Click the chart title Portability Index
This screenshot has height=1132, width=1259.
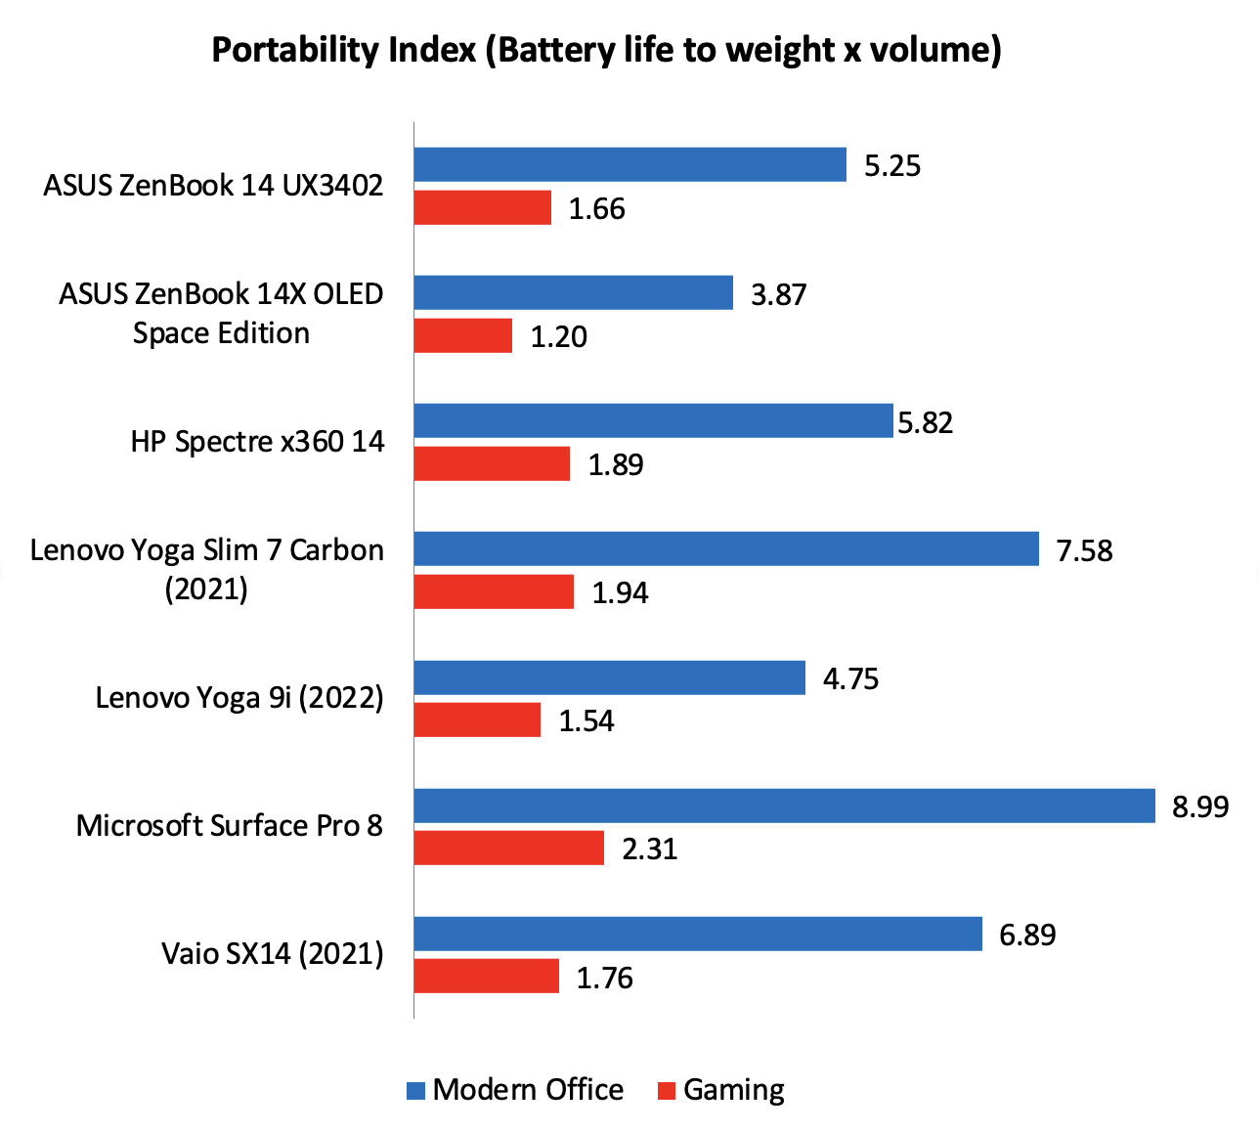click(x=606, y=49)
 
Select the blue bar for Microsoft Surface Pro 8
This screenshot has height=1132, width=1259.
click(x=784, y=805)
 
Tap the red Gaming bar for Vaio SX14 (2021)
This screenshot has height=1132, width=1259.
click(x=486, y=976)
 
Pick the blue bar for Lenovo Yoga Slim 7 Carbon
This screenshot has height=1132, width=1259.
click(x=725, y=548)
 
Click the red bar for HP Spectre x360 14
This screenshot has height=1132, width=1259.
click(x=492, y=463)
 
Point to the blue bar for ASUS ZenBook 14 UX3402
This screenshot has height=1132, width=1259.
click(x=629, y=164)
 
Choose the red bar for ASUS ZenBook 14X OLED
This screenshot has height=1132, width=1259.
click(x=462, y=335)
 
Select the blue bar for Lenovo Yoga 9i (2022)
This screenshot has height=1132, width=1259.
click(x=609, y=677)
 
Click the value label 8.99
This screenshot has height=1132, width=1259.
click(x=1200, y=806)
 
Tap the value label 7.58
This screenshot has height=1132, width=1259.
click(x=1084, y=550)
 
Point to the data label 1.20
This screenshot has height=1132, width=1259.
click(x=558, y=337)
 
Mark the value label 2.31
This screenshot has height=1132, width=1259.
click(x=649, y=849)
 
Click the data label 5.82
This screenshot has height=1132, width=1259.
click(x=925, y=422)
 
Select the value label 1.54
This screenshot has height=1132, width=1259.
click(x=586, y=720)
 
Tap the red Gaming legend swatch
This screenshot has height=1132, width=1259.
click(x=667, y=1090)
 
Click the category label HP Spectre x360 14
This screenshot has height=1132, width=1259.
click(x=257, y=442)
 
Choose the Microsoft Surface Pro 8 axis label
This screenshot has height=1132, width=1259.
click(x=229, y=826)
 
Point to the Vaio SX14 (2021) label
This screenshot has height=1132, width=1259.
click(x=272, y=953)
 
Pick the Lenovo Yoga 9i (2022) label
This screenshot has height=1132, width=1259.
click(x=239, y=698)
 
